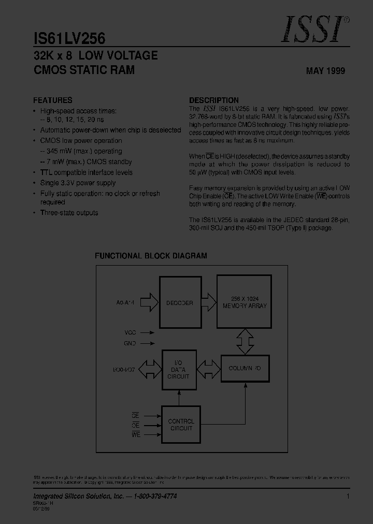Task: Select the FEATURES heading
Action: tap(53, 100)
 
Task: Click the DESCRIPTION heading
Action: tap(214, 100)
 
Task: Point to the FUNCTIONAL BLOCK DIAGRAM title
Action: tap(151, 256)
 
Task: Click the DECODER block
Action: tap(179, 303)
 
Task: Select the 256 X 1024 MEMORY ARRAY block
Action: tap(245, 302)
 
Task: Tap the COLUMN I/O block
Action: tap(245, 368)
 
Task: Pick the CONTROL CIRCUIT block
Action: tap(181, 425)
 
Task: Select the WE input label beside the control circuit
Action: tap(136, 435)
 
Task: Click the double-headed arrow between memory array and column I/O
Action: tap(245, 342)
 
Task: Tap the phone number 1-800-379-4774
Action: tap(152, 496)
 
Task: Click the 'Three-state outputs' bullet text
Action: tap(69, 213)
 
